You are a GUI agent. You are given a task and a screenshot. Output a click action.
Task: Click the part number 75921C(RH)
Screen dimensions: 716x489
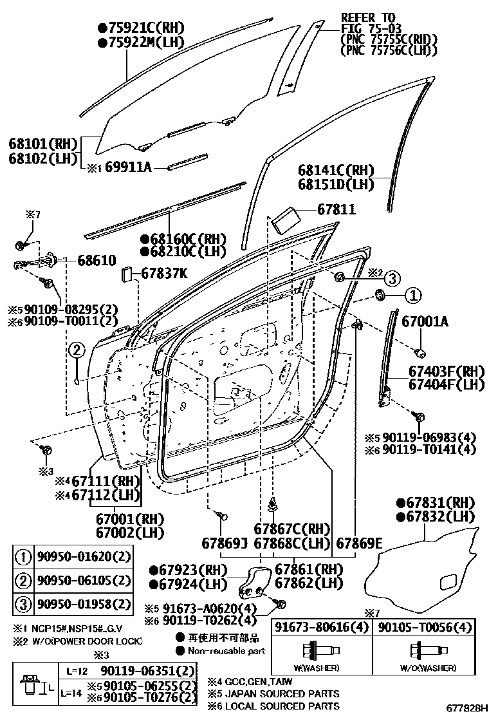pyautogui.click(x=140, y=28)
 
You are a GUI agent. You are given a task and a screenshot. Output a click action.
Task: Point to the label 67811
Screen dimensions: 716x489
pyautogui.click(x=336, y=210)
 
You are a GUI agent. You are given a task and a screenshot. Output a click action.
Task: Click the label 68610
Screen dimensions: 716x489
pyautogui.click(x=97, y=261)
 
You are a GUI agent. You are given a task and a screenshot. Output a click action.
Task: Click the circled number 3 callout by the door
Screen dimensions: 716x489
pyautogui.click(x=392, y=278)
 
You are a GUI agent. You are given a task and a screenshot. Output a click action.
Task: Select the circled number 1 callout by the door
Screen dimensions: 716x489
pyautogui.click(x=412, y=295)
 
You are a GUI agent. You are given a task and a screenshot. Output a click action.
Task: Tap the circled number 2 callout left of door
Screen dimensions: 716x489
pyautogui.click(x=77, y=350)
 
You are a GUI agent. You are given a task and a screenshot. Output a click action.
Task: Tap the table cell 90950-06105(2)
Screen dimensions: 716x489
pyautogui.click(x=84, y=581)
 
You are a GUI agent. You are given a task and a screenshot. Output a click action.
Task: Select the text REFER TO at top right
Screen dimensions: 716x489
pyautogui.click(x=367, y=17)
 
